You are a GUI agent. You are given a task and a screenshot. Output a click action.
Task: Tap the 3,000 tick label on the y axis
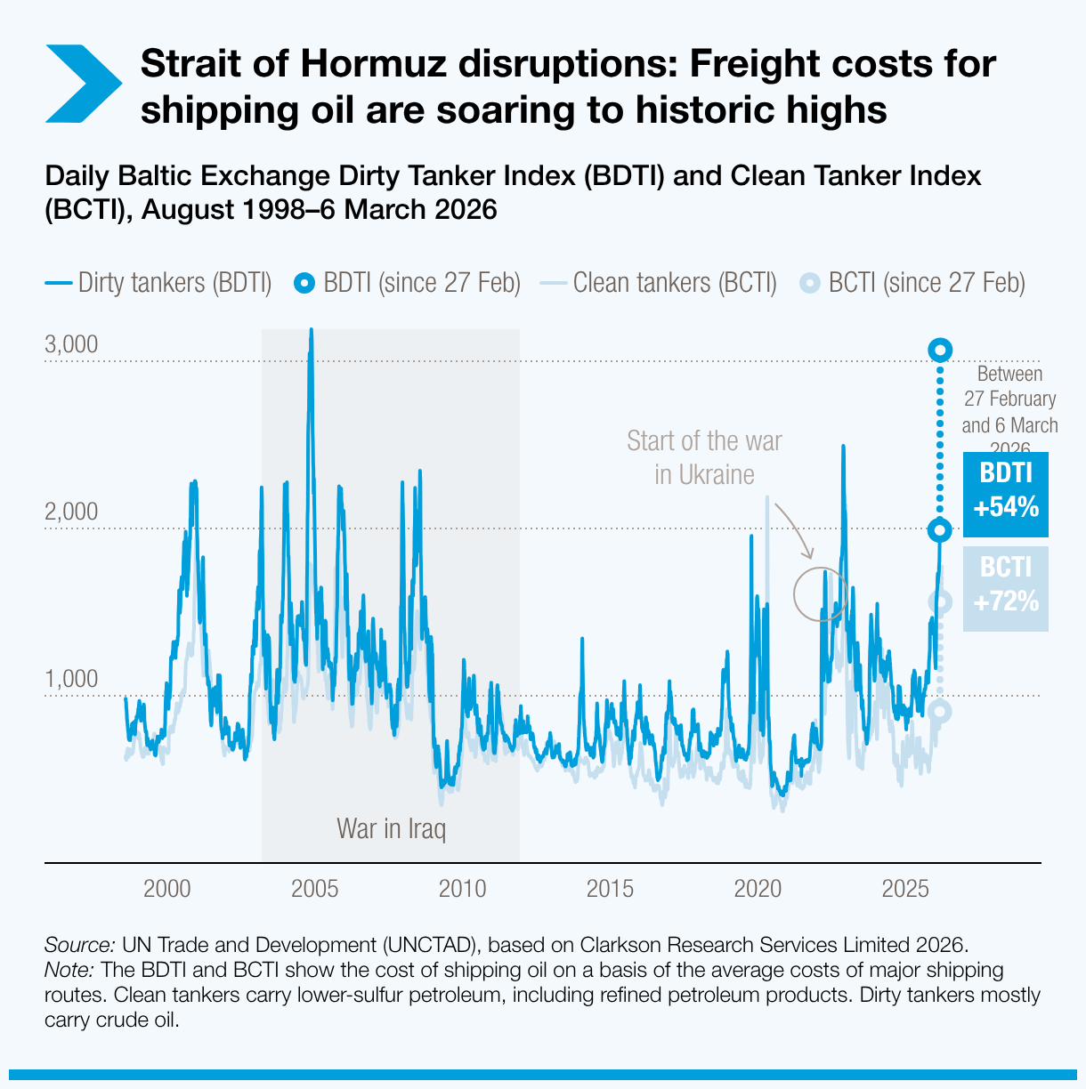coord(71,345)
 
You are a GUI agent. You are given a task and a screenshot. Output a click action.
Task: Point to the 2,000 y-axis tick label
coord(71,512)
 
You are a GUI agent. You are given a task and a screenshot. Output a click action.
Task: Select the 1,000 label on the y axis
coord(71,680)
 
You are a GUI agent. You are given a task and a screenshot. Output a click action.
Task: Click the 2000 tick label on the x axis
coord(167,889)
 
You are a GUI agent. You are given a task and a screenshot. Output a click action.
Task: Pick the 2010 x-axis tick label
coord(462,889)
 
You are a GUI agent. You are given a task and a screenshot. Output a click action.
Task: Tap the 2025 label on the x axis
coord(905,889)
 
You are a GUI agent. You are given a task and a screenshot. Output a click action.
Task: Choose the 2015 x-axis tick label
coord(610,889)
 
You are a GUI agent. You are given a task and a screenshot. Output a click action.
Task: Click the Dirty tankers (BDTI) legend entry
coord(158,283)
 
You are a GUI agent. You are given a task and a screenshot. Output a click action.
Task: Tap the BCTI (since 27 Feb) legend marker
coord(809,284)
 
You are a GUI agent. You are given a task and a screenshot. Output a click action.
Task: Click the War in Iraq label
coord(391,828)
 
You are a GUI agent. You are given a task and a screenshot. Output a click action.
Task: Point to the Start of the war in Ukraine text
coord(704,457)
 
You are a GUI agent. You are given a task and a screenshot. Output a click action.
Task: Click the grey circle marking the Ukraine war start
coord(820,594)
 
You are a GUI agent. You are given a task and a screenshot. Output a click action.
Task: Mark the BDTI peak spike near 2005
coord(311,332)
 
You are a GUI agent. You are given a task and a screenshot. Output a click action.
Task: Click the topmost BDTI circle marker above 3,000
coord(940,350)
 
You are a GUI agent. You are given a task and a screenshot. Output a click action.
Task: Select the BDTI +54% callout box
coord(1005,495)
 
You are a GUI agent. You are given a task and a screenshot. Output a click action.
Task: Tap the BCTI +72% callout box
coord(1005,588)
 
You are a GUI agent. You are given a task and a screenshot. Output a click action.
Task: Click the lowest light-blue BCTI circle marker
coord(939,711)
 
